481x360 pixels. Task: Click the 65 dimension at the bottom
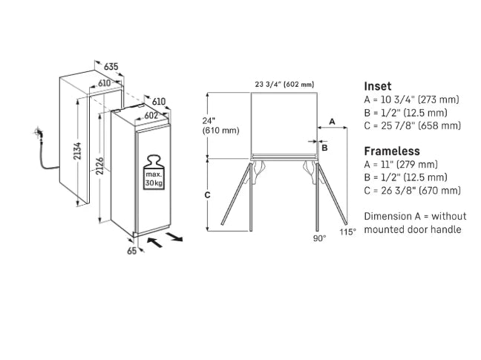[132, 252]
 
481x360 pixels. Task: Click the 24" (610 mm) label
[220, 125]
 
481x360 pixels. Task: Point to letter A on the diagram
[332, 120]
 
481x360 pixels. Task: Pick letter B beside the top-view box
[324, 148]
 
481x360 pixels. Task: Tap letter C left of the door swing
[209, 194]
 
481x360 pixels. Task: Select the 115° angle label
[347, 232]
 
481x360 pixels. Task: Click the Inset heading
[377, 86]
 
